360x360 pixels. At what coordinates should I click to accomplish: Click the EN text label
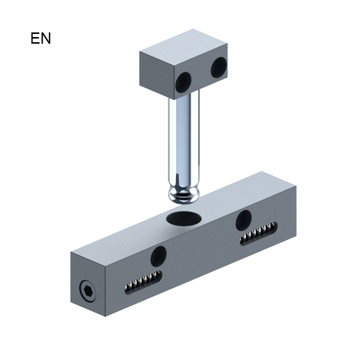[41, 39]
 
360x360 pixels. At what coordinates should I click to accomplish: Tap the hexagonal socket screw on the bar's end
[88, 291]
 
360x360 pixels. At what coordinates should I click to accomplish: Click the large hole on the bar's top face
[184, 219]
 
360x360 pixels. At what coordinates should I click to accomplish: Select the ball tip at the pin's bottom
[184, 195]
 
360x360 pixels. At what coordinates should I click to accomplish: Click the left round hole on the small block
[183, 82]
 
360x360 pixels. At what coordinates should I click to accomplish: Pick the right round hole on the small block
[219, 67]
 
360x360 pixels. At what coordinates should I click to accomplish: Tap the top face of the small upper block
[184, 47]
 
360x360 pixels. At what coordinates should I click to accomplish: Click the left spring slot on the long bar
[143, 281]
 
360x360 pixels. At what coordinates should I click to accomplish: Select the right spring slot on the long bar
[259, 233]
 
